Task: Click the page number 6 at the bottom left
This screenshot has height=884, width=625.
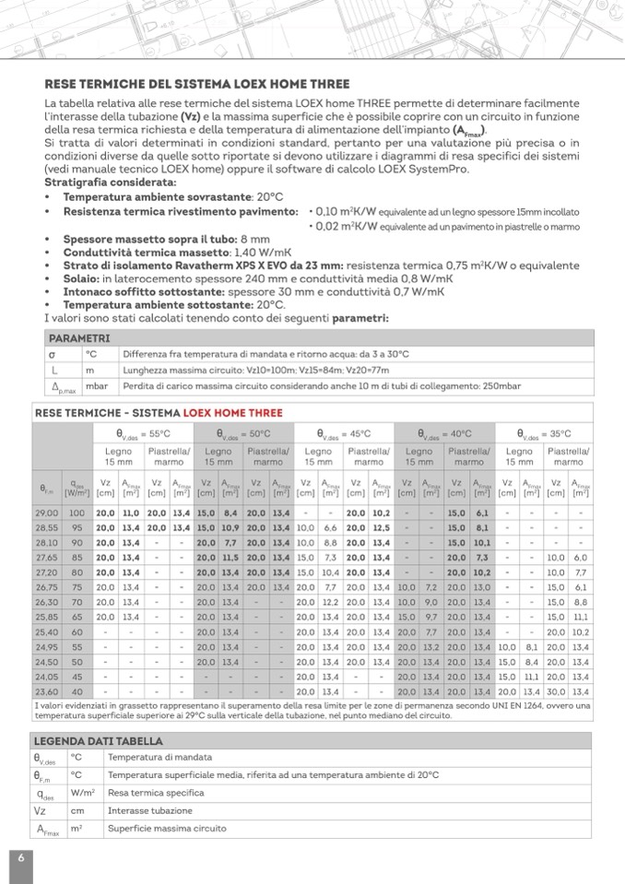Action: [20, 857]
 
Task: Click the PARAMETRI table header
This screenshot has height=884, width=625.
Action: [79, 338]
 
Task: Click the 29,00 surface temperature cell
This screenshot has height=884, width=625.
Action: [46, 512]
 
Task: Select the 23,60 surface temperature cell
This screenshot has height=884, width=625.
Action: [46, 690]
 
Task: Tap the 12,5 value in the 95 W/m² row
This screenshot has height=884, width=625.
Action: [381, 526]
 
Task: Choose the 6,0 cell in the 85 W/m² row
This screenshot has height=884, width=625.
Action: [580, 557]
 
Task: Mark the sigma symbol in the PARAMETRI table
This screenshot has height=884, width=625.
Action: [53, 353]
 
